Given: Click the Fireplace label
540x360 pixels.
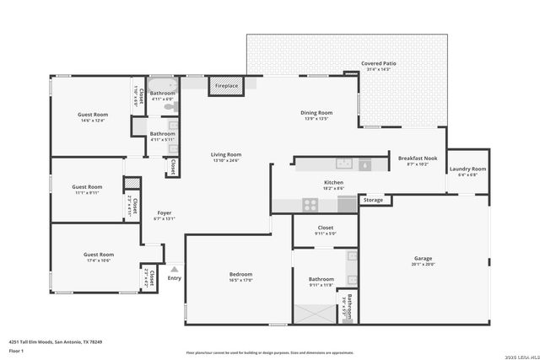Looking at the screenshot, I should click(226, 86).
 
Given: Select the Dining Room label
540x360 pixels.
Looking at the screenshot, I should click(317, 112).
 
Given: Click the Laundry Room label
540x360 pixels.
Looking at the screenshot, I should click(467, 169).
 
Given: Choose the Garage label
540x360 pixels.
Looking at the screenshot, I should click(423, 259).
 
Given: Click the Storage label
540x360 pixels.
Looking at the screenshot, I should click(374, 200).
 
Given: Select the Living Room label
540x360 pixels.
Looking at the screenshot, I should click(226, 154).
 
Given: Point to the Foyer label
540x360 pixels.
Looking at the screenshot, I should click(164, 212).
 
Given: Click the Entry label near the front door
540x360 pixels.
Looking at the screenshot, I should click(175, 277).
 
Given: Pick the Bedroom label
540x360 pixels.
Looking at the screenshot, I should click(240, 274).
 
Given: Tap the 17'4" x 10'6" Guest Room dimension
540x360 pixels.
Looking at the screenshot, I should click(98, 260).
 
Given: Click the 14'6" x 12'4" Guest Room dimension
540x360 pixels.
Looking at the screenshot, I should click(94, 121).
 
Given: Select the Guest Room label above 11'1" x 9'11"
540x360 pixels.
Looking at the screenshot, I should click(87, 186).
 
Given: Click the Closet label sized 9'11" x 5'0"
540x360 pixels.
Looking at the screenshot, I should click(326, 228).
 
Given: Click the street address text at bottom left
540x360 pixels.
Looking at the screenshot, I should click(55, 341).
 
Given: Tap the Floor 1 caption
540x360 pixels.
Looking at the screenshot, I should click(16, 350).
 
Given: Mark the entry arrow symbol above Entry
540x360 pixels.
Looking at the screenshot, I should click(175, 269).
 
